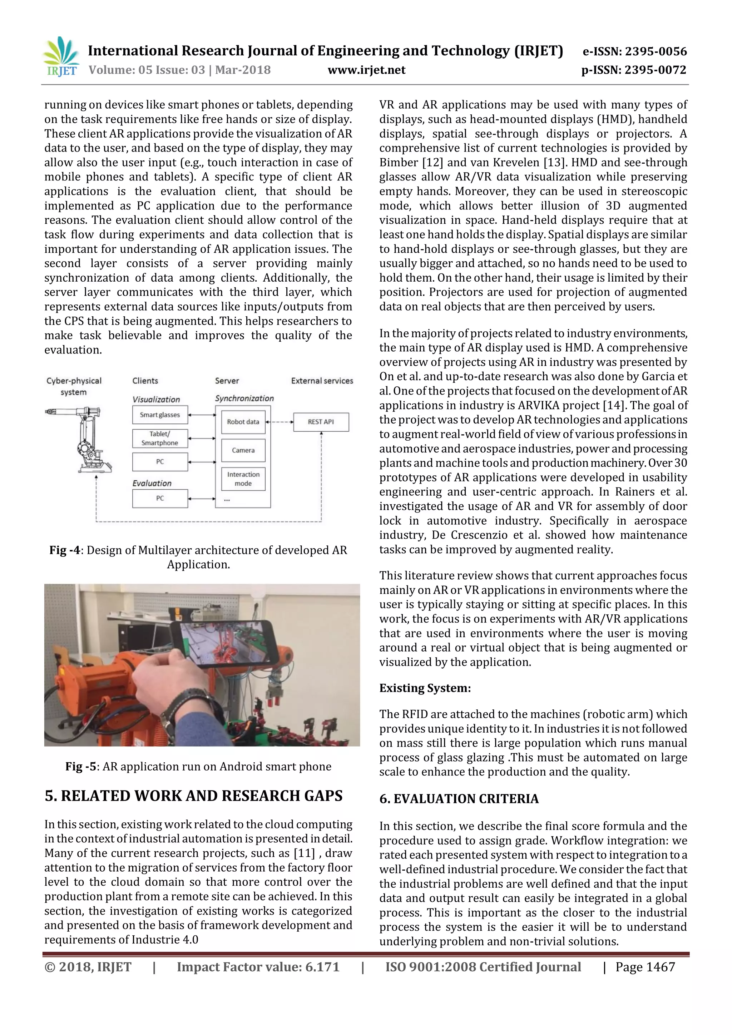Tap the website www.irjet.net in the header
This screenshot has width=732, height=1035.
click(366, 70)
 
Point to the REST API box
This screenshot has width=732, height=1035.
click(321, 422)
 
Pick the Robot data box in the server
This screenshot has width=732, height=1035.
click(243, 422)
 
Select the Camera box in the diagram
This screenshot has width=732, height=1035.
click(243, 450)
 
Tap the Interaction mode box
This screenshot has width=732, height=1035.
click(243, 479)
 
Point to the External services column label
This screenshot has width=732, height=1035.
click(322, 381)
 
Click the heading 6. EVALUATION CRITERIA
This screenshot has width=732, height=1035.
click(459, 799)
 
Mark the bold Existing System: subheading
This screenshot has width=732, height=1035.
click(425, 688)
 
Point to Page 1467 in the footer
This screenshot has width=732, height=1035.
click(645, 967)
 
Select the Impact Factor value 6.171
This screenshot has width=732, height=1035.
click(322, 967)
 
